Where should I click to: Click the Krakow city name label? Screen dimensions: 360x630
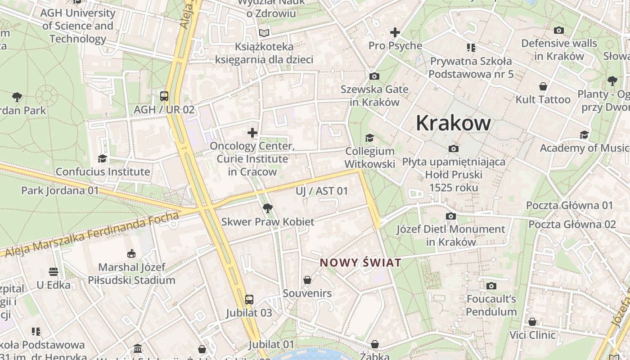pos(453,123)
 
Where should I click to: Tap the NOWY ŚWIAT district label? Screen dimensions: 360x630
pos(360,263)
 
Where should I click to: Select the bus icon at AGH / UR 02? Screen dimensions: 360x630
pos(164,96)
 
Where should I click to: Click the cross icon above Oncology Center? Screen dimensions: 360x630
pos(252,133)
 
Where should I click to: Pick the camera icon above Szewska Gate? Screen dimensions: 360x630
pos(374,76)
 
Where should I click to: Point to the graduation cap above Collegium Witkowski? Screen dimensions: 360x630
pos(369,138)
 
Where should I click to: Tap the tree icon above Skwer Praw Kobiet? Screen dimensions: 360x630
pos(268,208)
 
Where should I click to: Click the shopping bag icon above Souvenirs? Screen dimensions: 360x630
pos(307,280)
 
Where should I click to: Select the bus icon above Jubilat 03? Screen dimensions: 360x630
pos(249,299)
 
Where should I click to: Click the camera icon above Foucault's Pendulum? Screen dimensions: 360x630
pos(491,285)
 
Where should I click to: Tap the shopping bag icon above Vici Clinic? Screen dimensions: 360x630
pos(532,322)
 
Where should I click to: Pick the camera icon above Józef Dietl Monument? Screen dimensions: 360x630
pos(450,216)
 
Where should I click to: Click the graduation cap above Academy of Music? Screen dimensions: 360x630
pos(584,135)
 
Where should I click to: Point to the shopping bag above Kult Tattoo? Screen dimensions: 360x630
pos(543,86)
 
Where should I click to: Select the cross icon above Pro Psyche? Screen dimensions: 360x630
pos(395,32)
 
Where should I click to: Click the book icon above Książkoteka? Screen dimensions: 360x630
pos(264,33)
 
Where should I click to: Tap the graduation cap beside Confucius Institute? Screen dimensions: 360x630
pos(102,158)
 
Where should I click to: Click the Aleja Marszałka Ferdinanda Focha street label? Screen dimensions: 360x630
pos(90,234)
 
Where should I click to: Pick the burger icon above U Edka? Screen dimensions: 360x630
pos(54,272)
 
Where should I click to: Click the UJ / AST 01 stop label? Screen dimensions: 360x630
pos(322,191)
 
